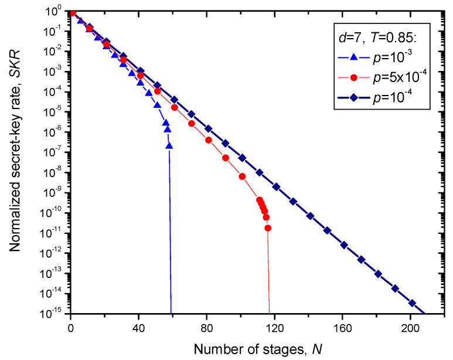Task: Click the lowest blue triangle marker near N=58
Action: tap(169, 147)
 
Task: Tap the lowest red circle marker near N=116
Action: tap(268, 228)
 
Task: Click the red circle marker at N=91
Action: tap(226, 158)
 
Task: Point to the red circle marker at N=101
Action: tap(243, 176)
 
